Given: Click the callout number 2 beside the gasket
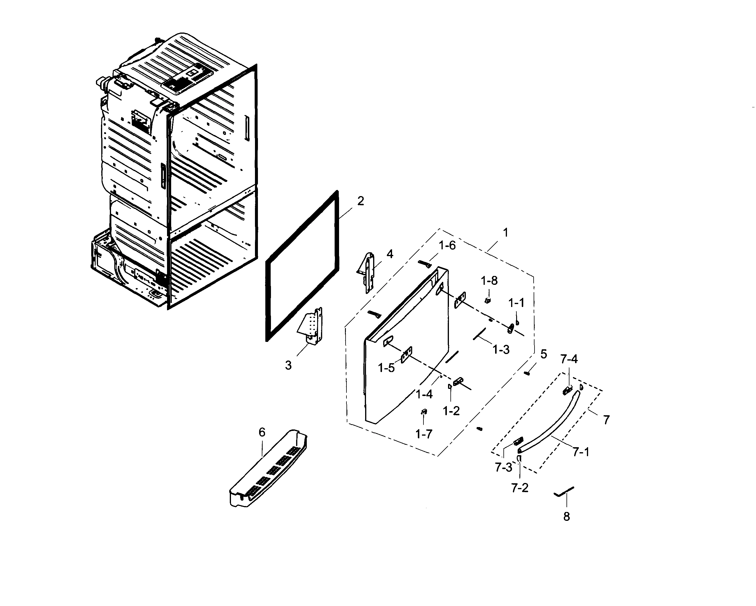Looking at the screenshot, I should [360, 201].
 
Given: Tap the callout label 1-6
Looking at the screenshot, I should [447, 245].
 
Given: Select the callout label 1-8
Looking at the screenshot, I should [489, 280].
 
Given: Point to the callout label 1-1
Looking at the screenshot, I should [516, 303].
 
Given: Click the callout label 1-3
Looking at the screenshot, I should [501, 349].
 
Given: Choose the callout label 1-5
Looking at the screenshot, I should [386, 368].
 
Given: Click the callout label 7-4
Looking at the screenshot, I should [569, 359].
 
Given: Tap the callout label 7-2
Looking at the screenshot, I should [520, 488].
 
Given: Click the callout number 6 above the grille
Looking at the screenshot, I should [262, 432].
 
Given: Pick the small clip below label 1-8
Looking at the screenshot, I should [487, 300].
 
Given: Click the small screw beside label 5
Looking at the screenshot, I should [527, 374].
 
